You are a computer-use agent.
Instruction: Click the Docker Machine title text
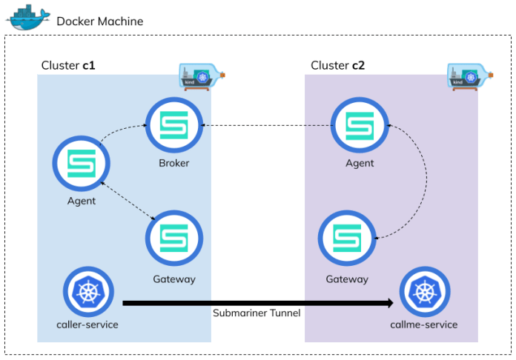point(99,21)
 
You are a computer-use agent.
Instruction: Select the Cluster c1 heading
point(67,65)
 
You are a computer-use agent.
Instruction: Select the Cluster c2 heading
point(337,65)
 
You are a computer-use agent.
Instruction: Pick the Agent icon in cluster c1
point(82,164)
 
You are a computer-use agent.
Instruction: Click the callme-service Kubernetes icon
point(427,292)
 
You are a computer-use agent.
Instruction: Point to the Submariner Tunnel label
point(257,313)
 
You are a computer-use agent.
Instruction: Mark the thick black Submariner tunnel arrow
point(257,302)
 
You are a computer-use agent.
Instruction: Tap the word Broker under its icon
point(173,164)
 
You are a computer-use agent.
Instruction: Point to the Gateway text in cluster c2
point(346,279)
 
